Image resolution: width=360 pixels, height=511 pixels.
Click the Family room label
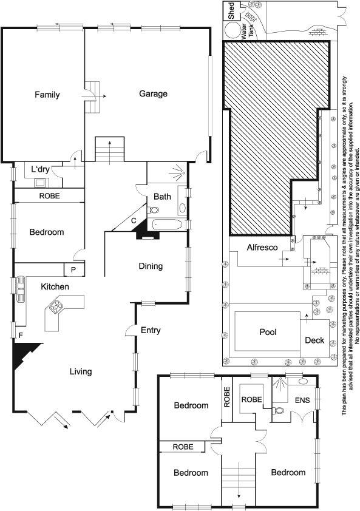(x=47, y=95)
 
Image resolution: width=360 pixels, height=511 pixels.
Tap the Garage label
(x=153, y=94)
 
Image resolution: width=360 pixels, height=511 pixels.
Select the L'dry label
(x=40, y=169)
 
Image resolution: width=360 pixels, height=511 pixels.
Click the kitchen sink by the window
(x=21, y=289)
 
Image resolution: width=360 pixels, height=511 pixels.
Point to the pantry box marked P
(x=74, y=269)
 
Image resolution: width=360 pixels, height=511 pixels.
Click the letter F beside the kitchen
(x=21, y=335)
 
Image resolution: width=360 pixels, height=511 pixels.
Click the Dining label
(x=151, y=266)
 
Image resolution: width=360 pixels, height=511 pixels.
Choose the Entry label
(x=151, y=330)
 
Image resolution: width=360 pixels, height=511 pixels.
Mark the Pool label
(x=268, y=332)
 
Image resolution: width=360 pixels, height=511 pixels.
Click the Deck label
(x=314, y=340)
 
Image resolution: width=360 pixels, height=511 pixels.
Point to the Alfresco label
(x=262, y=248)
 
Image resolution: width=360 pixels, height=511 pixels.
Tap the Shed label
(x=231, y=11)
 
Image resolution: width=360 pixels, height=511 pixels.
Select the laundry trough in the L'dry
(x=40, y=183)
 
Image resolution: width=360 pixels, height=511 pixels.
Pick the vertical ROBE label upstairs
(x=227, y=397)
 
